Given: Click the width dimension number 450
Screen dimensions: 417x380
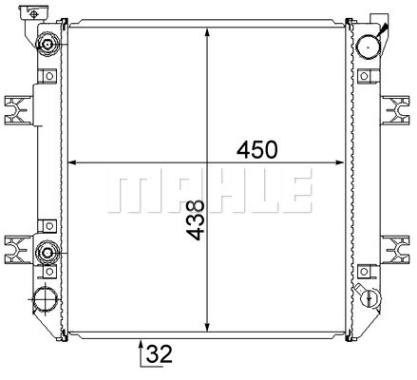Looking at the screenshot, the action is tap(256, 150).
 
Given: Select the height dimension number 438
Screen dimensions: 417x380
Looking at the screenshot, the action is tap(196, 220).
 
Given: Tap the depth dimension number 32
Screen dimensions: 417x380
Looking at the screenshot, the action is tap(160, 353).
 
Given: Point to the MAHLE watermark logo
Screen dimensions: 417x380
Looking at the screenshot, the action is tap(209, 190).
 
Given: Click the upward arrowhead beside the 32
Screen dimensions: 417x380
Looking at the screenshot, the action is tap(141, 344).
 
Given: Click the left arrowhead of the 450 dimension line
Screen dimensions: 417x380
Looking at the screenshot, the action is tap(73, 162).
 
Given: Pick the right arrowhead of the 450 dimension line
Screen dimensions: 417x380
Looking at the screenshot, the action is tap(339, 162).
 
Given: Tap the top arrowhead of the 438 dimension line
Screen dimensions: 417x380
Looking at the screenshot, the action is tap(207, 33).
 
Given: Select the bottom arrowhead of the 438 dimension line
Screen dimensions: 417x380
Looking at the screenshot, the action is tap(207, 327).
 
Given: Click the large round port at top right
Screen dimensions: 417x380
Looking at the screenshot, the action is tap(368, 47).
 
